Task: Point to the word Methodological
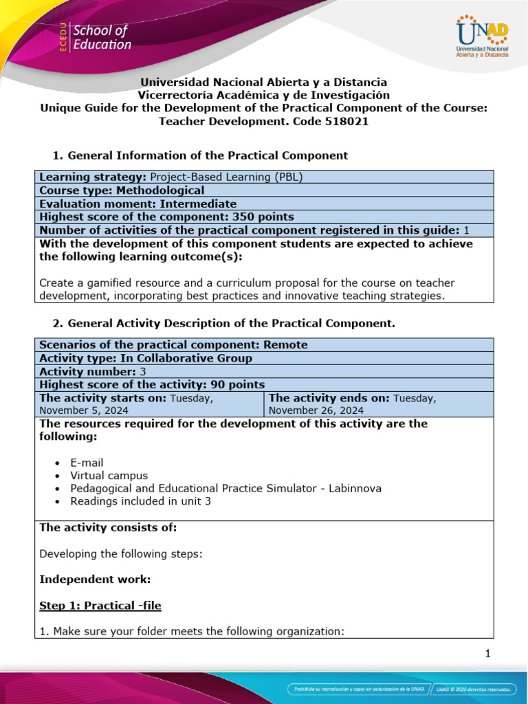click(x=160, y=190)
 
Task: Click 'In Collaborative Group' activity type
click(x=186, y=358)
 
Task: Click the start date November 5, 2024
click(x=84, y=410)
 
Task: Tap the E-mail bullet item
click(x=87, y=463)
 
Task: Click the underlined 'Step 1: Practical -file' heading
click(x=100, y=606)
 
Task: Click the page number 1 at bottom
click(x=487, y=654)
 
